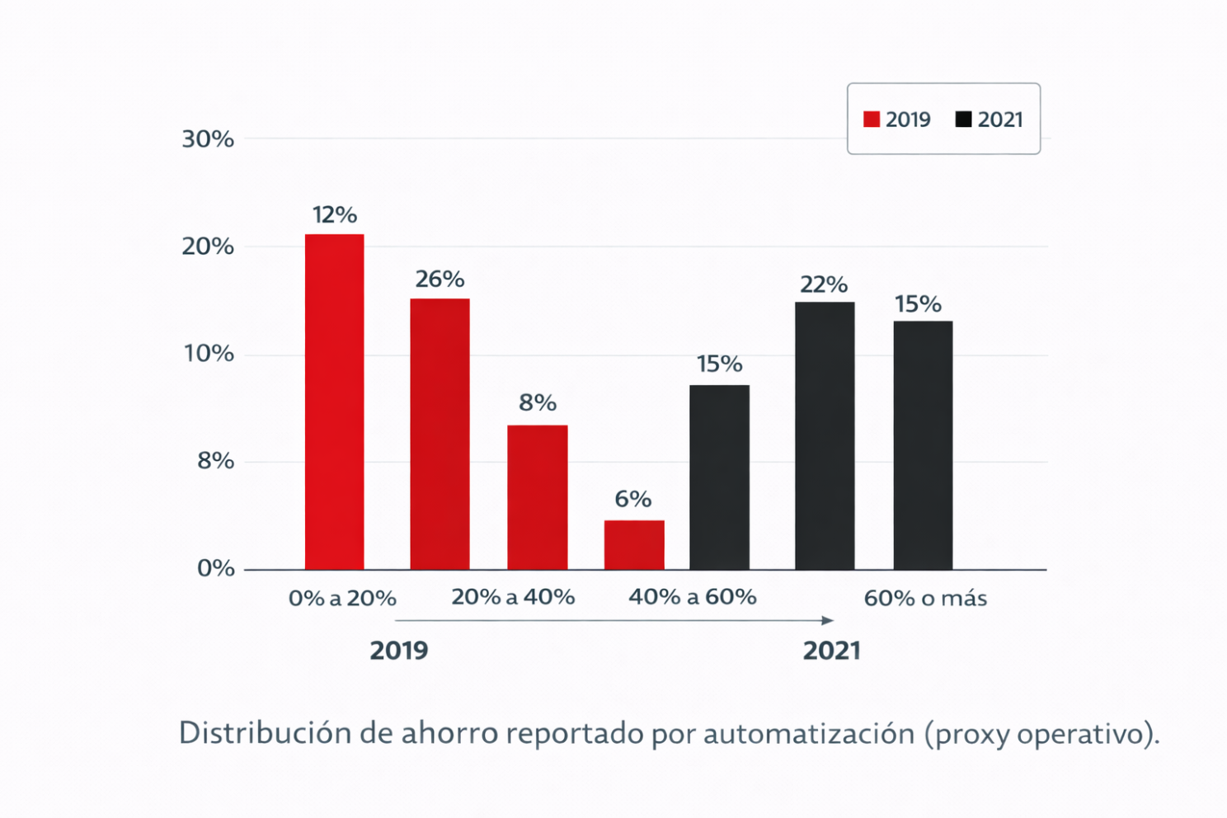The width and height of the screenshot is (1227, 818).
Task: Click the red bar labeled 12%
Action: click(334, 402)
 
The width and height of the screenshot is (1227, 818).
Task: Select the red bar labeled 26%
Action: click(440, 434)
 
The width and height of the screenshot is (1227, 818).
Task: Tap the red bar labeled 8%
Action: click(537, 497)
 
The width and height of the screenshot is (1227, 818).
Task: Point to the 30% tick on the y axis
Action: click(208, 139)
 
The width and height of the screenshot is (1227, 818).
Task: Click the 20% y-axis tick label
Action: click(208, 247)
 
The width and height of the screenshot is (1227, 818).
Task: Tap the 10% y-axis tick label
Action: click(208, 354)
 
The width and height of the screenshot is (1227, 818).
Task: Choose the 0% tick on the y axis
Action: click(215, 568)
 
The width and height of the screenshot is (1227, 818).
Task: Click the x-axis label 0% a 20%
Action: click(342, 598)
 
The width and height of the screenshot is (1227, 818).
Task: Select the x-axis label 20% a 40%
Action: click(513, 597)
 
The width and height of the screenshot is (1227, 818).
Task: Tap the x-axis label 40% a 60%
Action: click(693, 597)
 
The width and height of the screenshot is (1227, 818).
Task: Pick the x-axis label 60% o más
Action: click(925, 598)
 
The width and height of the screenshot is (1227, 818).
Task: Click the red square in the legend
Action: click(872, 120)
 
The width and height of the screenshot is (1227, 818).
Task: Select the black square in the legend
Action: click(963, 120)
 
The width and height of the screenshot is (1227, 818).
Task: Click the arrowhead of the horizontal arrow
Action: click(828, 620)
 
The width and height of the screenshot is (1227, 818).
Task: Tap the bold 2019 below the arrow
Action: click(399, 651)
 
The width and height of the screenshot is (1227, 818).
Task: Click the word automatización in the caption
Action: click(809, 733)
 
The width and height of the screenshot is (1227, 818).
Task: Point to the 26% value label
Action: click(440, 280)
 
